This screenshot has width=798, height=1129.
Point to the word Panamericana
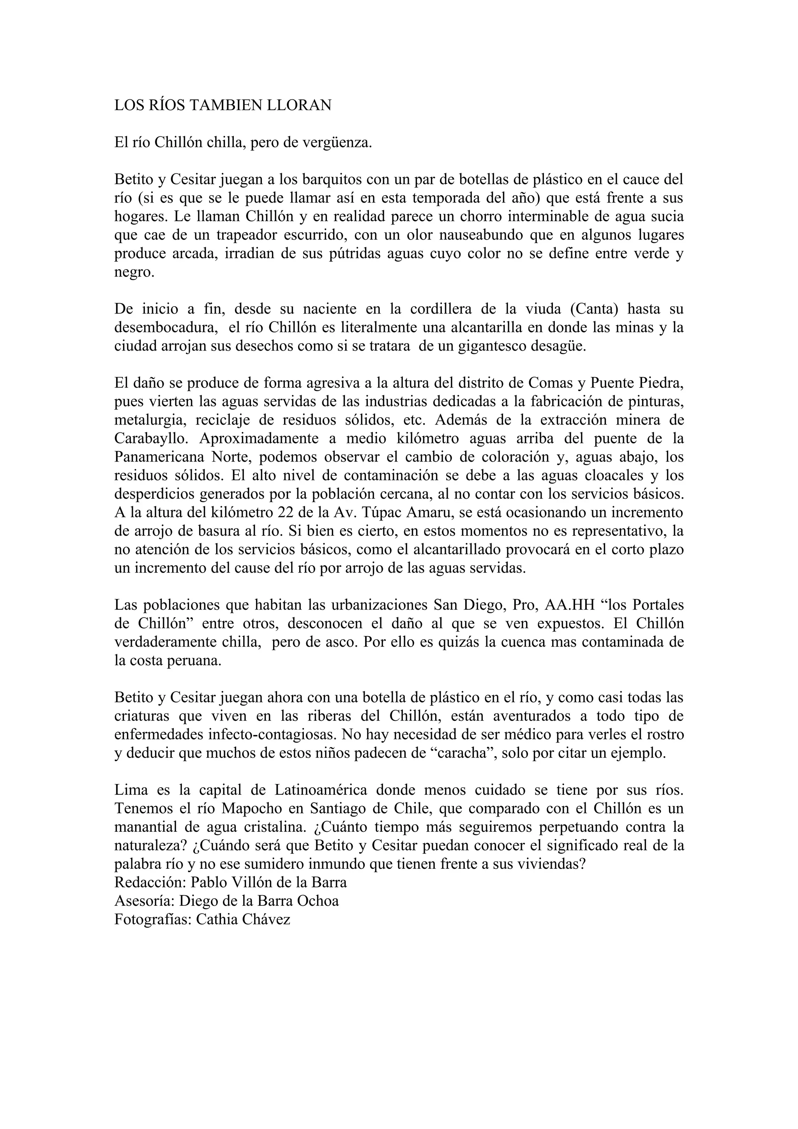click(x=159, y=457)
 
